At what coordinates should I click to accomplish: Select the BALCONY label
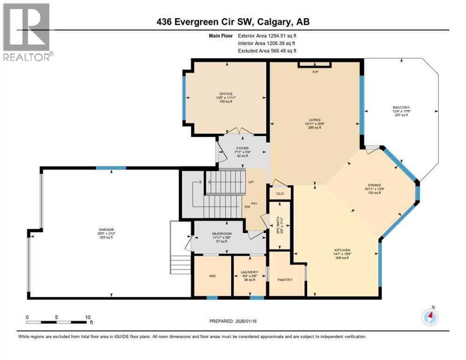click(401, 107)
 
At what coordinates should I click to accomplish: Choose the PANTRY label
click(285, 280)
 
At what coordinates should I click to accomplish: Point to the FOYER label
click(242, 148)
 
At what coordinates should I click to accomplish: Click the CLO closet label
click(280, 193)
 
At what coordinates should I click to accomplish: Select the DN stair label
click(247, 207)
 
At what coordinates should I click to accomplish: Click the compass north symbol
click(430, 317)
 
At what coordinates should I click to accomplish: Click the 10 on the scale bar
click(87, 317)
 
